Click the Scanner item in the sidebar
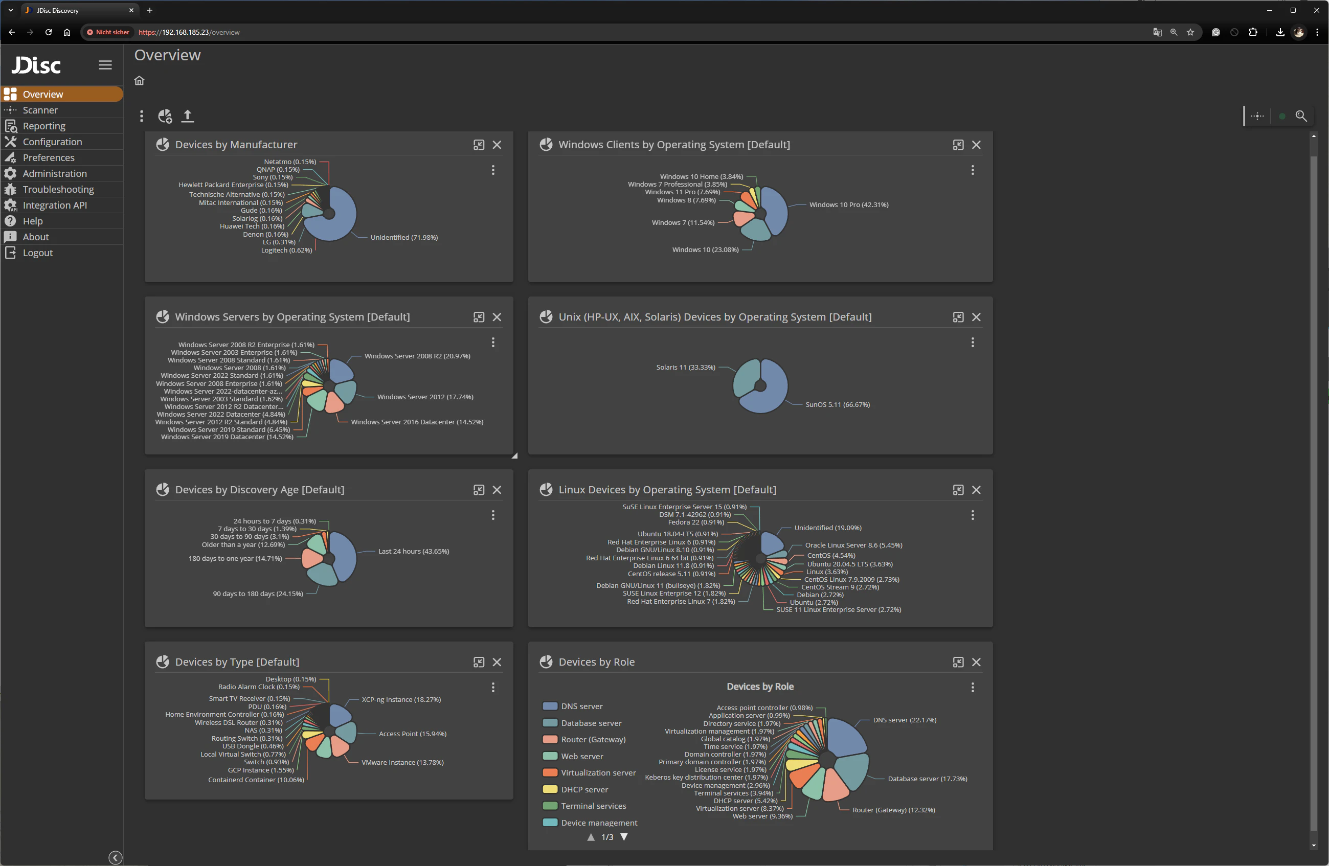(x=40, y=110)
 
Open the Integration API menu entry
(x=55, y=205)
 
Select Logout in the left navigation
(x=37, y=253)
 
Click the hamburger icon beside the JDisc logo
(x=105, y=65)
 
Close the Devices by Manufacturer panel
(x=497, y=145)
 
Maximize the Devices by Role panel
(x=958, y=662)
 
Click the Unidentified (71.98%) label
(x=404, y=237)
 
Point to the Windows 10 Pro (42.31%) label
(x=848, y=204)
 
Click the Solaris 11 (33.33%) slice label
(x=685, y=367)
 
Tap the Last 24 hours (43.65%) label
(x=413, y=551)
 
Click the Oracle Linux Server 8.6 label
(x=853, y=545)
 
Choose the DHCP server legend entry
(x=583, y=789)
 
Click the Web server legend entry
(x=581, y=756)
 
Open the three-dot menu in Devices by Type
(x=492, y=687)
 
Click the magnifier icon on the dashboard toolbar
(x=1300, y=116)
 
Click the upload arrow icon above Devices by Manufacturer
(x=188, y=116)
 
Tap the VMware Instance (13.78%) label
(x=402, y=762)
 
